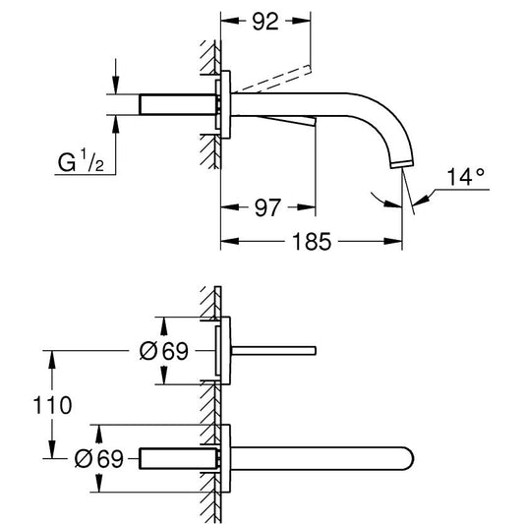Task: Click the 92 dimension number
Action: [265, 22]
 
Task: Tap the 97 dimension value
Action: [267, 207]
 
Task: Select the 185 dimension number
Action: [312, 242]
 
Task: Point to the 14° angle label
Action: [465, 176]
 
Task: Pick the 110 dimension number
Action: [52, 405]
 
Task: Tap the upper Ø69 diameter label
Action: [164, 351]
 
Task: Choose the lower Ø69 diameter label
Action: [99, 458]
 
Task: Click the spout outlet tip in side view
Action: [402, 164]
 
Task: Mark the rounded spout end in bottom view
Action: [409, 458]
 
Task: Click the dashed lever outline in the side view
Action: [272, 79]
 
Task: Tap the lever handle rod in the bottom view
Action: [273, 351]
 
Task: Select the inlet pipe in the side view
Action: [177, 104]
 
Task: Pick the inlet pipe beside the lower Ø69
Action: [178, 458]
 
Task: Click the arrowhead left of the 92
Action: [230, 21]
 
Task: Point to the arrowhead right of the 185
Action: [392, 241]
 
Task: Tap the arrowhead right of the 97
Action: [307, 207]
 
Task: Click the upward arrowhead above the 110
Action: [52, 360]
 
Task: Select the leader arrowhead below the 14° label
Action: [420, 201]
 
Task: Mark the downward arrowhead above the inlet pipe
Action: [116, 86]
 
